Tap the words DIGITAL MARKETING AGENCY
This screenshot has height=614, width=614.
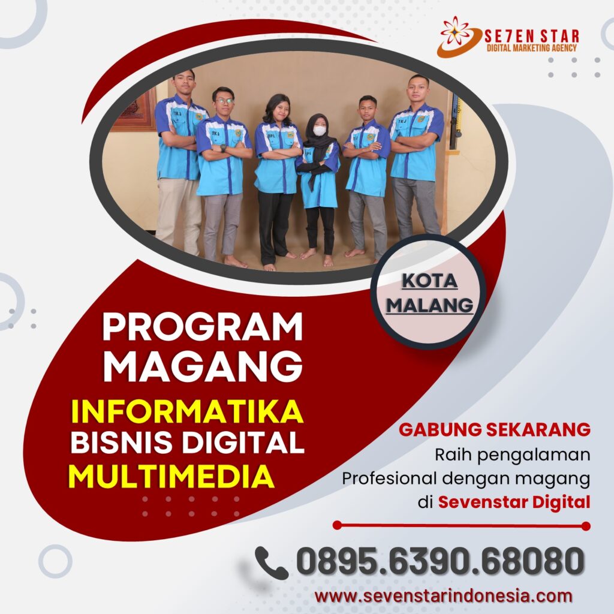pos(532,48)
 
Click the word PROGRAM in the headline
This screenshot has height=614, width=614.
pos(203,326)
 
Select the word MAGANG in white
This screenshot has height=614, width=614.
pos(203,366)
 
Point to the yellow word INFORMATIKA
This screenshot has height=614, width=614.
pos(187,411)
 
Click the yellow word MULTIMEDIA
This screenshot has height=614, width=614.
pos(171,476)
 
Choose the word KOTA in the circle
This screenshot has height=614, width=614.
pos(429,281)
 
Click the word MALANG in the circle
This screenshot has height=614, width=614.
pos(429,305)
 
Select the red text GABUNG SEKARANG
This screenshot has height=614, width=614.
pos(495,429)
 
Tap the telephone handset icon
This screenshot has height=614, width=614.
pos(272,563)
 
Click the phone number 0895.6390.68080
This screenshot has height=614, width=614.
pos(440,561)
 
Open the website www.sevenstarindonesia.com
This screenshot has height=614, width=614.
pos(443,596)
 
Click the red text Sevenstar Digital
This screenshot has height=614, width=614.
pos(514,502)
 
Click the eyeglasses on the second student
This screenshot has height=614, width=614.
pos(224,101)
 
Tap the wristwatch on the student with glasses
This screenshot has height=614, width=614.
pos(223,148)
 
